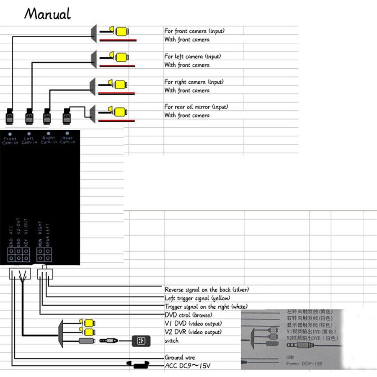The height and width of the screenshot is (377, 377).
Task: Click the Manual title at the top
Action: (x=47, y=14)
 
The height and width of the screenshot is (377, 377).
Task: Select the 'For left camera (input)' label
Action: (x=192, y=56)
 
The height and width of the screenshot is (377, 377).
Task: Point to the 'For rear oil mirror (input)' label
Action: (x=196, y=107)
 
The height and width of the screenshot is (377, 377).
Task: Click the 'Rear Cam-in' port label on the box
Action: (x=67, y=139)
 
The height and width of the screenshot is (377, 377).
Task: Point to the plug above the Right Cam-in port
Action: (x=47, y=116)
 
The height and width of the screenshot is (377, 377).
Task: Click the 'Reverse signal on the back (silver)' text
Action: (x=207, y=289)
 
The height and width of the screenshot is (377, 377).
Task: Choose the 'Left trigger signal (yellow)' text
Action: (x=197, y=298)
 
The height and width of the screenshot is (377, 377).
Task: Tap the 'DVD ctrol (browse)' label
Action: (x=188, y=315)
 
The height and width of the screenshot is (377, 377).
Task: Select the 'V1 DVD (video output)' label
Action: (x=193, y=323)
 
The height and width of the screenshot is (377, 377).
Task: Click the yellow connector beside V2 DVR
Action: (x=89, y=332)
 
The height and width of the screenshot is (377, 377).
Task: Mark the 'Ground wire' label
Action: (x=180, y=357)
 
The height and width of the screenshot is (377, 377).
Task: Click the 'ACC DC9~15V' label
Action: (x=187, y=366)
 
